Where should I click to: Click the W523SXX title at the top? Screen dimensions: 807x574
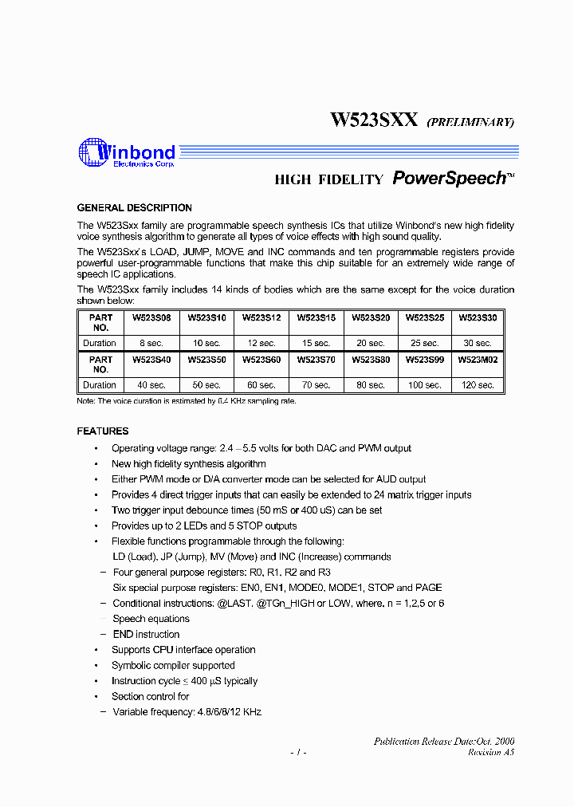(374, 120)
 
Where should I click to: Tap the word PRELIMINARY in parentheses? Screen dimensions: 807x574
(470, 122)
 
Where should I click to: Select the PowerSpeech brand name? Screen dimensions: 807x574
(450, 179)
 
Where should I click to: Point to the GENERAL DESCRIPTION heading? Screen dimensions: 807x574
(134, 208)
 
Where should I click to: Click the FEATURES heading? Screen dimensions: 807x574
(102, 431)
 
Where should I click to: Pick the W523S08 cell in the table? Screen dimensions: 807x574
(151, 317)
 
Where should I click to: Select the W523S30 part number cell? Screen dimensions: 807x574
(478, 317)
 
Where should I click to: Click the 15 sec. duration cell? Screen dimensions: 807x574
(316, 343)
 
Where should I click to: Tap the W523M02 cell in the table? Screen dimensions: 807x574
(478, 360)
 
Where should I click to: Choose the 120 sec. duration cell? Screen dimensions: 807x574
(478, 385)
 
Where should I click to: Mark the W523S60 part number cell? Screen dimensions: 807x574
(261, 360)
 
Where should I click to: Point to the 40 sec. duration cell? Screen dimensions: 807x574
(151, 385)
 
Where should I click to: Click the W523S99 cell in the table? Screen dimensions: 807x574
(424, 360)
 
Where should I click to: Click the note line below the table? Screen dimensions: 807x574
(186, 401)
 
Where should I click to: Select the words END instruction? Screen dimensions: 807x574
(146, 635)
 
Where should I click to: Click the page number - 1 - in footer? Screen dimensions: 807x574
(297, 752)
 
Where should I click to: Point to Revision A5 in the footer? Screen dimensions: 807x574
(491, 752)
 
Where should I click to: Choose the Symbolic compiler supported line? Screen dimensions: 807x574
(173, 666)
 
